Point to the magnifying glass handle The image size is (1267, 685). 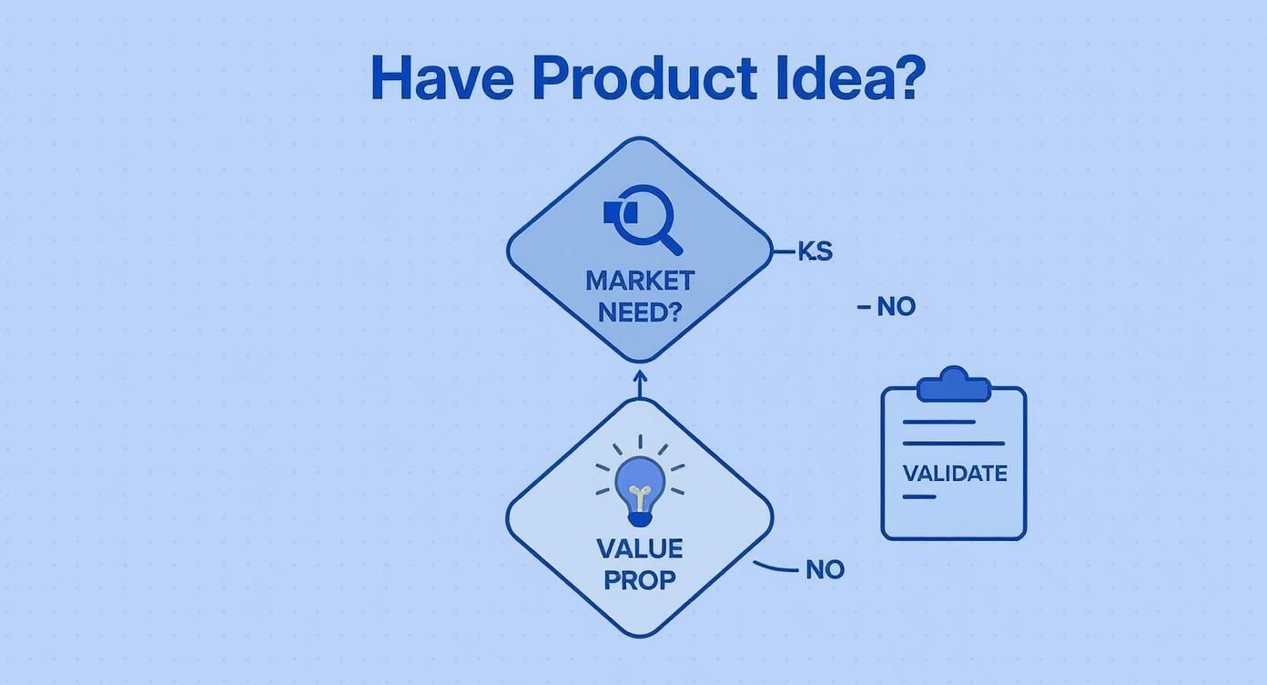pyautogui.click(x=671, y=242)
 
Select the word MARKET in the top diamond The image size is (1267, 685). pyautogui.click(x=640, y=280)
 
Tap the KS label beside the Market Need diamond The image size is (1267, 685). pyautogui.click(x=816, y=251)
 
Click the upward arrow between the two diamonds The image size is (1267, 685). pyautogui.click(x=640, y=383)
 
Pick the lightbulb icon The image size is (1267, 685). pyautogui.click(x=640, y=486)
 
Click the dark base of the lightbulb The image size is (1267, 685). pyautogui.click(x=640, y=518)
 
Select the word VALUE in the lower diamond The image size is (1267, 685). pyautogui.click(x=640, y=548)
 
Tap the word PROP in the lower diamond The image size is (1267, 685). pyautogui.click(x=640, y=580)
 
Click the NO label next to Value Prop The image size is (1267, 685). pyautogui.click(x=825, y=570)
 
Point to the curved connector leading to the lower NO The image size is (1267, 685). pyautogui.click(x=775, y=567)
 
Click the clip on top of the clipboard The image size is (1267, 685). pyautogui.click(x=953, y=386)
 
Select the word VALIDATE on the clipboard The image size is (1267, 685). pyautogui.click(x=954, y=474)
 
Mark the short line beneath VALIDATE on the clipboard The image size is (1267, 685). pyautogui.click(x=919, y=497)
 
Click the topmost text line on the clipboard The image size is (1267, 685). pyautogui.click(x=938, y=422)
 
